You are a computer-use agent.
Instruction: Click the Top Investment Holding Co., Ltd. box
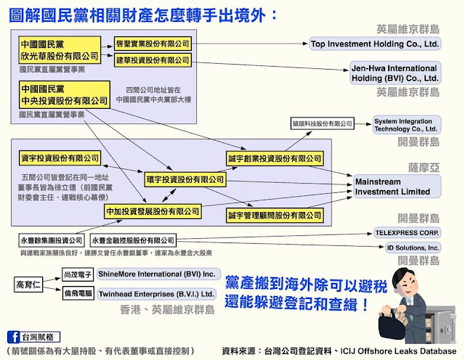(x=375, y=44)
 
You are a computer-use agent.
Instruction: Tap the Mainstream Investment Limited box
(x=392, y=186)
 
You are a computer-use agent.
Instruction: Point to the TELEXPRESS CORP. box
(x=407, y=232)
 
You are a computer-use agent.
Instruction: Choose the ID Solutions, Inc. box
(x=413, y=247)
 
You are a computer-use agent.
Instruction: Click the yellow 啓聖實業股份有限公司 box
(x=152, y=44)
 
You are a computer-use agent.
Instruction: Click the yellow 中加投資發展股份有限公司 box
(x=152, y=211)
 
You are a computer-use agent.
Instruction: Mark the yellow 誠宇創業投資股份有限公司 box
(x=274, y=158)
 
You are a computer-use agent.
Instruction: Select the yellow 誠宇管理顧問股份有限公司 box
(x=274, y=216)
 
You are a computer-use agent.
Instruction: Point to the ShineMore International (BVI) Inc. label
(x=157, y=274)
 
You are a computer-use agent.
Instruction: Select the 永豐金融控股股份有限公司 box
(x=133, y=240)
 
